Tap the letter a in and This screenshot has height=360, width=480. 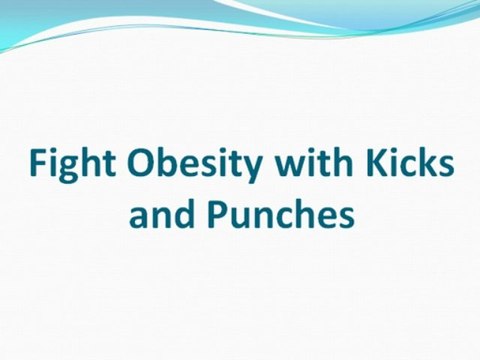(x=139, y=214)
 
